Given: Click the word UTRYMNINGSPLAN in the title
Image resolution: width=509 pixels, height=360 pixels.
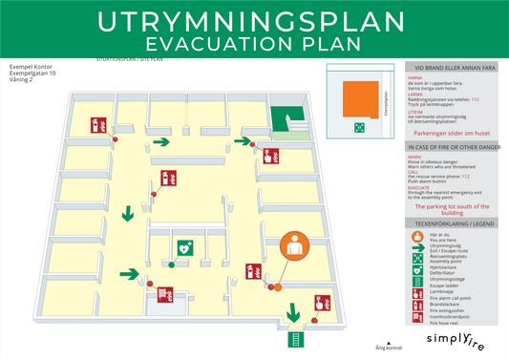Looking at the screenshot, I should click(x=254, y=22).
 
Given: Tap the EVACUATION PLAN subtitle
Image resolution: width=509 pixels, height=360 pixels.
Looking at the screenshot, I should click(x=254, y=43).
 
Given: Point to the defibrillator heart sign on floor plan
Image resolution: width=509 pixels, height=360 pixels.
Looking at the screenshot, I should click(x=182, y=245).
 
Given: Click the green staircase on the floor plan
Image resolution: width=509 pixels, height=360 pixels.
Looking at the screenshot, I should click(x=282, y=119).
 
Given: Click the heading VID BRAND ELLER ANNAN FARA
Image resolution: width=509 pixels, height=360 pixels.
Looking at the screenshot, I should click(x=453, y=69).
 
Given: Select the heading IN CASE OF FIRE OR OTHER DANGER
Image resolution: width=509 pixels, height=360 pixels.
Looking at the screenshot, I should click(x=453, y=148).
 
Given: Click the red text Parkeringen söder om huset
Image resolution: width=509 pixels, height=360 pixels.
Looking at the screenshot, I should click(x=453, y=135).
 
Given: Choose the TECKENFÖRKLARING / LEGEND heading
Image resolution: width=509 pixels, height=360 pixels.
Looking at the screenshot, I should click(x=453, y=222).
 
